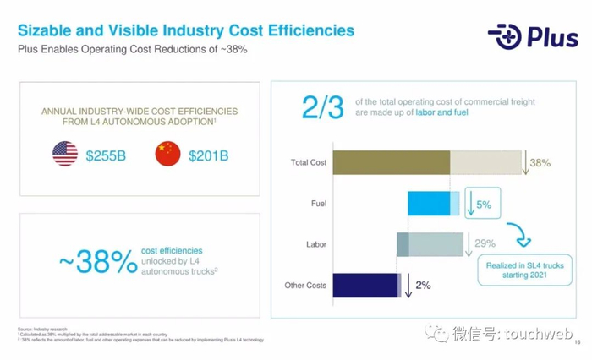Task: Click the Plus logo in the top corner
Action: [532, 36]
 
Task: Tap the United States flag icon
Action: [65, 155]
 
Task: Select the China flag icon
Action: [167, 155]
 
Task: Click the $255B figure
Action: [108, 155]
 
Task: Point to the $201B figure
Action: [209, 155]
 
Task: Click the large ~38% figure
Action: [98, 262]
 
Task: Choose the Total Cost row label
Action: [308, 162]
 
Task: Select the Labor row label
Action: [315, 245]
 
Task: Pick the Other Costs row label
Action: [305, 286]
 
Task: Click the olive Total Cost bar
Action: [391, 162]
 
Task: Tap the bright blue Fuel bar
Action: [429, 204]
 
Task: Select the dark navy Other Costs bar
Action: [365, 286]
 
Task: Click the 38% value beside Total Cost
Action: [540, 162]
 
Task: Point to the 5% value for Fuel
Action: [483, 204]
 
